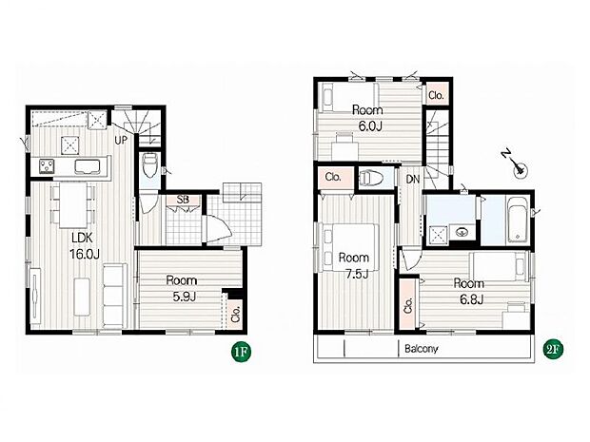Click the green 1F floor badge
[241, 353]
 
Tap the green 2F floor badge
[554, 350]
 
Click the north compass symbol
[517, 165]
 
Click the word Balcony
[421, 349]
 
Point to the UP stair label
[121, 141]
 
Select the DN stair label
[413, 180]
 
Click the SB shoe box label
[183, 200]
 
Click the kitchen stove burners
[47, 167]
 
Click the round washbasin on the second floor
[462, 233]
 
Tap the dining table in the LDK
[73, 204]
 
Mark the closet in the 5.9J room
[235, 314]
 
